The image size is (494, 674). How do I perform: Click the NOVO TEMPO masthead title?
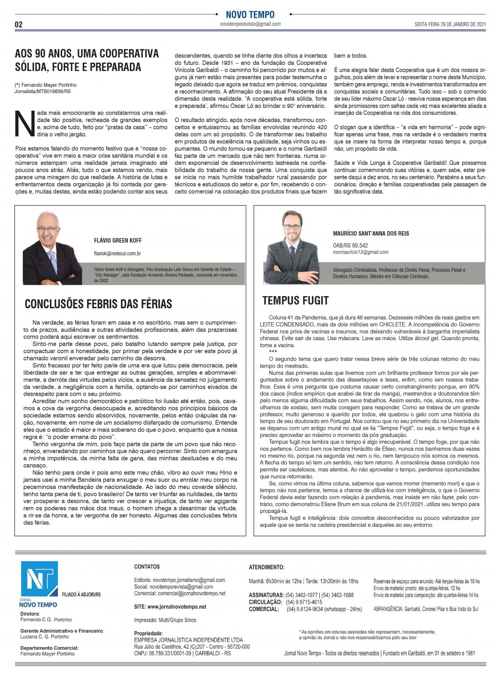tap(250, 15)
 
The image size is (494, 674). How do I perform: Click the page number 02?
tap(19, 25)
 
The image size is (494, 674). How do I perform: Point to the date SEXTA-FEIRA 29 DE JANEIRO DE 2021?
tap(450, 25)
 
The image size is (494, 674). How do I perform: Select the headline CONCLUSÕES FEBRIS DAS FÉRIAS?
tap(98, 304)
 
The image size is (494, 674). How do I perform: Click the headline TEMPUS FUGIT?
tap(295, 301)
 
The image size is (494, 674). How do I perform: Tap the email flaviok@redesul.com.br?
tap(117, 254)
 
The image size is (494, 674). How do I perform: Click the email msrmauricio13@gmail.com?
tap(360, 252)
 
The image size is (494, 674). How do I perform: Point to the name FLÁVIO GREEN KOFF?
tap(118, 241)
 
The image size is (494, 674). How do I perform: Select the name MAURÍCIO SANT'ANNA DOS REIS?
tap(371, 234)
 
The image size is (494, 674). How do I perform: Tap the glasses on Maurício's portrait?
tap(292, 227)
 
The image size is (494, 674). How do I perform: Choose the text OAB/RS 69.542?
tap(350, 245)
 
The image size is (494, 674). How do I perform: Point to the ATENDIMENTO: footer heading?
tap(267, 568)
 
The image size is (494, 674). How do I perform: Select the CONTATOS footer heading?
tap(147, 567)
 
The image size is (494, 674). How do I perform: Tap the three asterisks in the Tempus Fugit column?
tap(273, 352)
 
